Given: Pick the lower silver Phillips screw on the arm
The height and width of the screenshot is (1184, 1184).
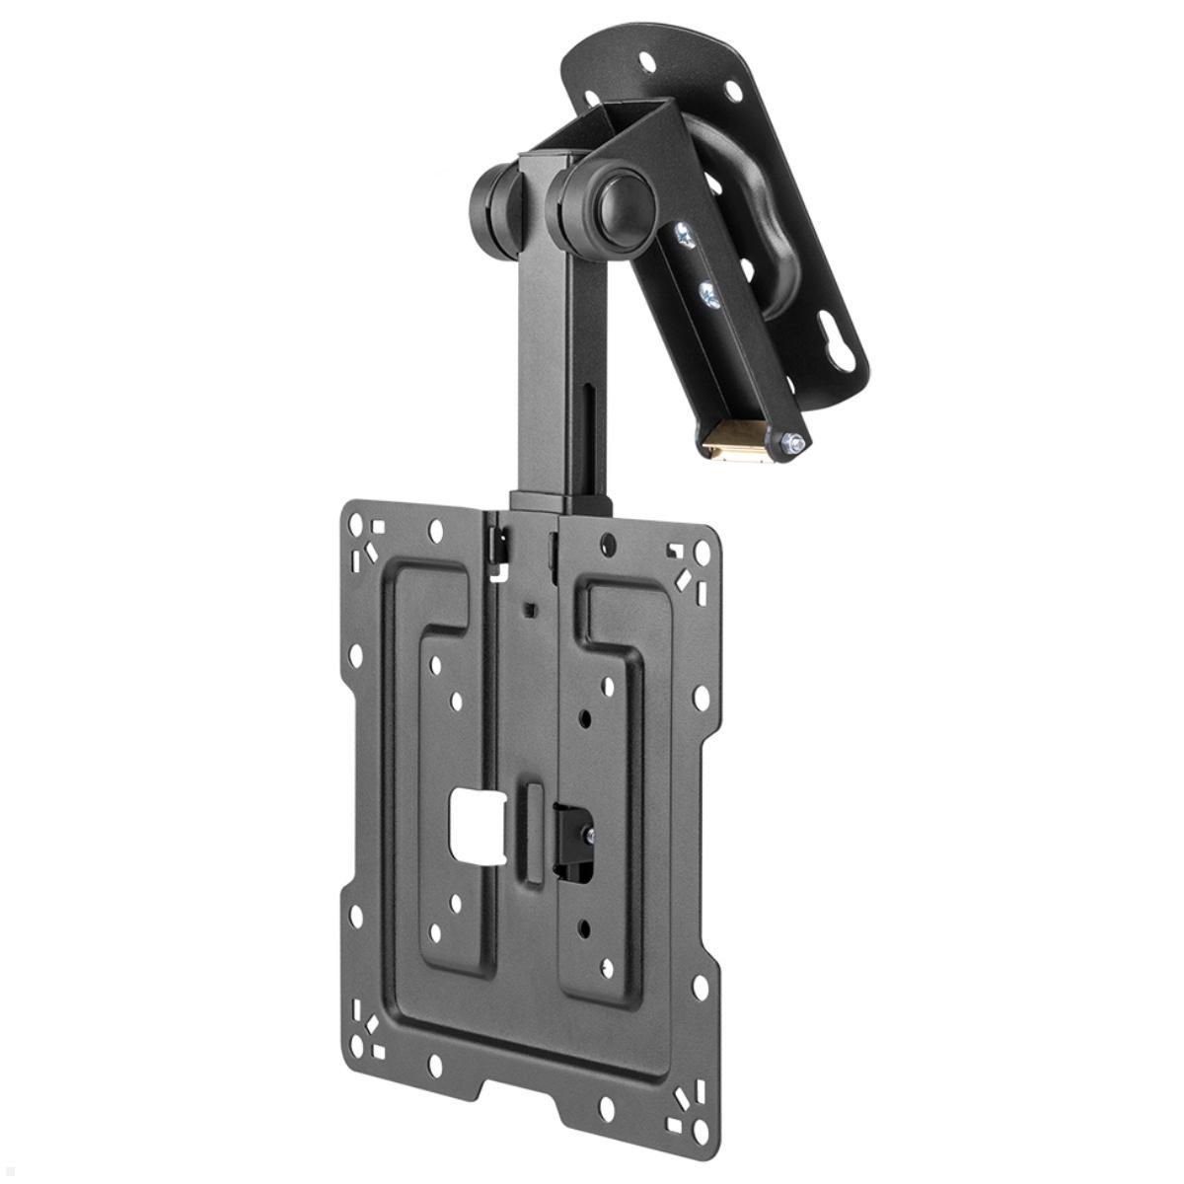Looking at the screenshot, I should (706, 293).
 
